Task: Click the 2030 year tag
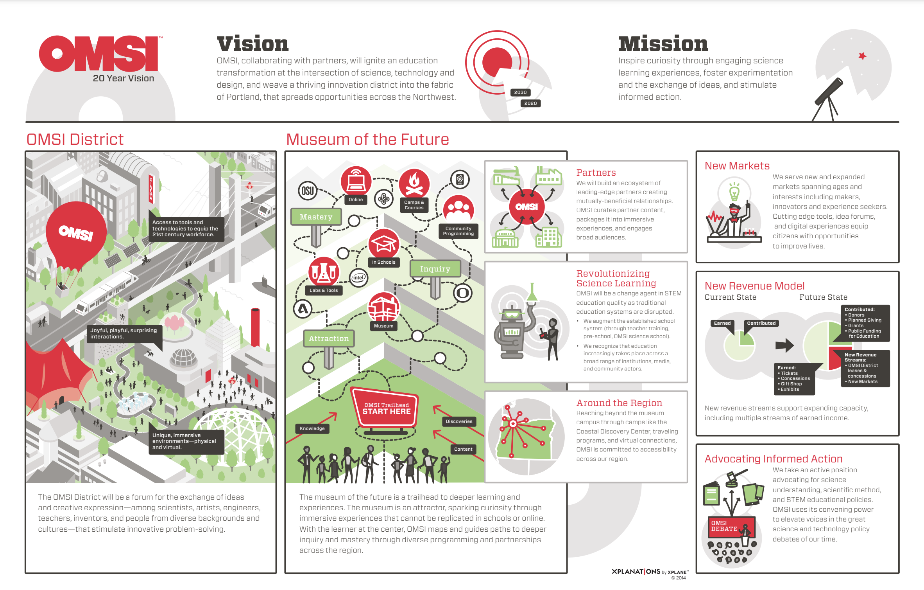coord(520,92)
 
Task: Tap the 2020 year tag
coord(530,103)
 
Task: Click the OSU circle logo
coord(308,191)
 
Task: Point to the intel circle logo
coord(358,278)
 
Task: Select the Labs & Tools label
coord(324,290)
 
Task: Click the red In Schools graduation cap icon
coord(384,244)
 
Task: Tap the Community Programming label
coord(458,231)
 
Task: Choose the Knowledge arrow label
coord(312,428)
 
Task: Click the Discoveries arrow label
coord(459,421)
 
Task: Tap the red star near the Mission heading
coord(862,56)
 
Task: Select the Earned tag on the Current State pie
coord(722,323)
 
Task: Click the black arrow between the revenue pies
coord(785,345)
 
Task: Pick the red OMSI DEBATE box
coord(731,527)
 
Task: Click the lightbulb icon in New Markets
coord(734,192)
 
